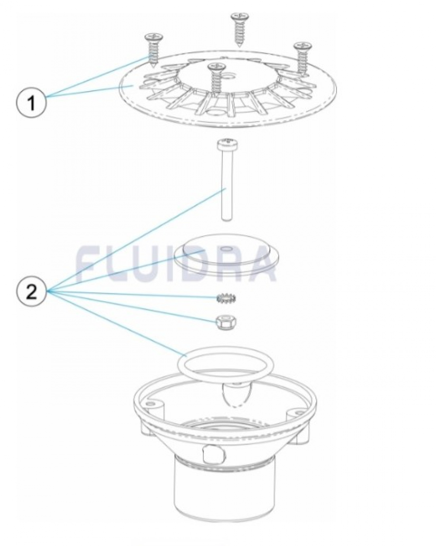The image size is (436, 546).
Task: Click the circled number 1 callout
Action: point(31,102)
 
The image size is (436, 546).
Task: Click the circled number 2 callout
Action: point(31,292)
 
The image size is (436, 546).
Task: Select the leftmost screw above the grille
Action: point(153,51)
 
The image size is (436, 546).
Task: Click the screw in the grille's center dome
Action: point(216,79)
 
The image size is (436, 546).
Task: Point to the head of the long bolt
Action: point(227,145)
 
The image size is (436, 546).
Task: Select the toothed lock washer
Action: point(227,297)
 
